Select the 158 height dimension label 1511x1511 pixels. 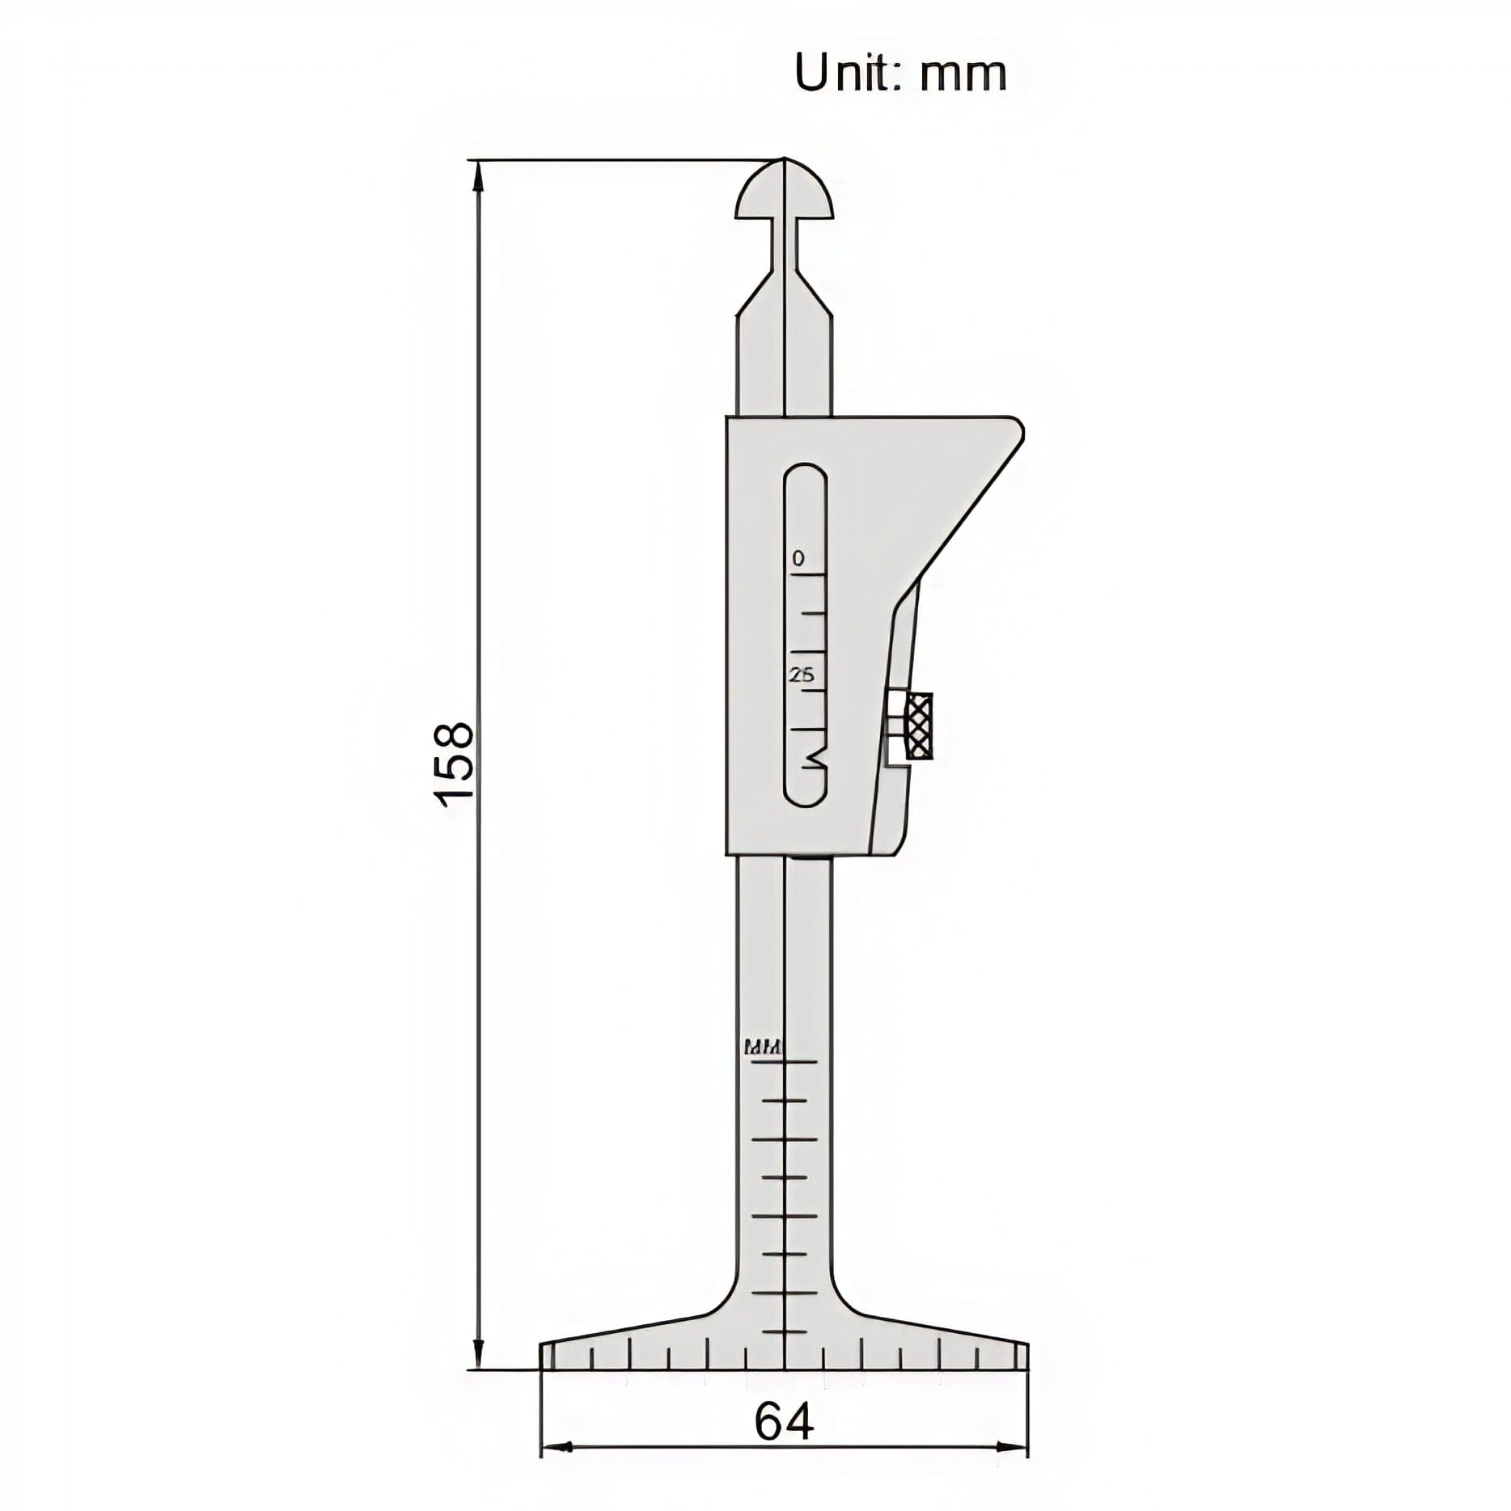[x=454, y=763]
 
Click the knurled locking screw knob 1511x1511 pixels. [x=919, y=726]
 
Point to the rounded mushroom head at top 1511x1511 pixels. [x=784, y=194]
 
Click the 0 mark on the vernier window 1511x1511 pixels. [x=798, y=558]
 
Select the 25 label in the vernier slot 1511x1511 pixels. [x=802, y=675]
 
